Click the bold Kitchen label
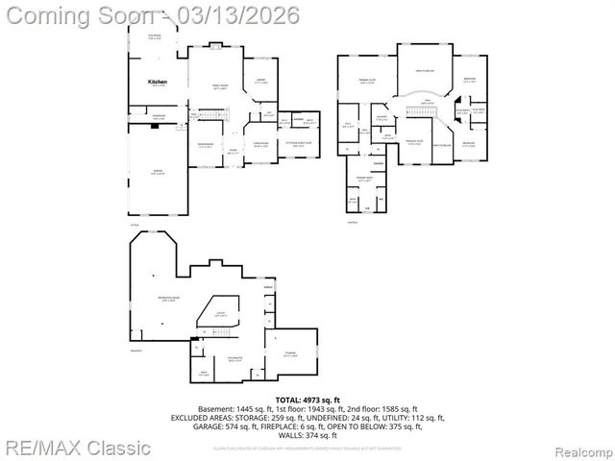158,83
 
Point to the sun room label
155,37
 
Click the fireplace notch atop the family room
218,46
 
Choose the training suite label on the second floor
366,81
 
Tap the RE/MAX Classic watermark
77,448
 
